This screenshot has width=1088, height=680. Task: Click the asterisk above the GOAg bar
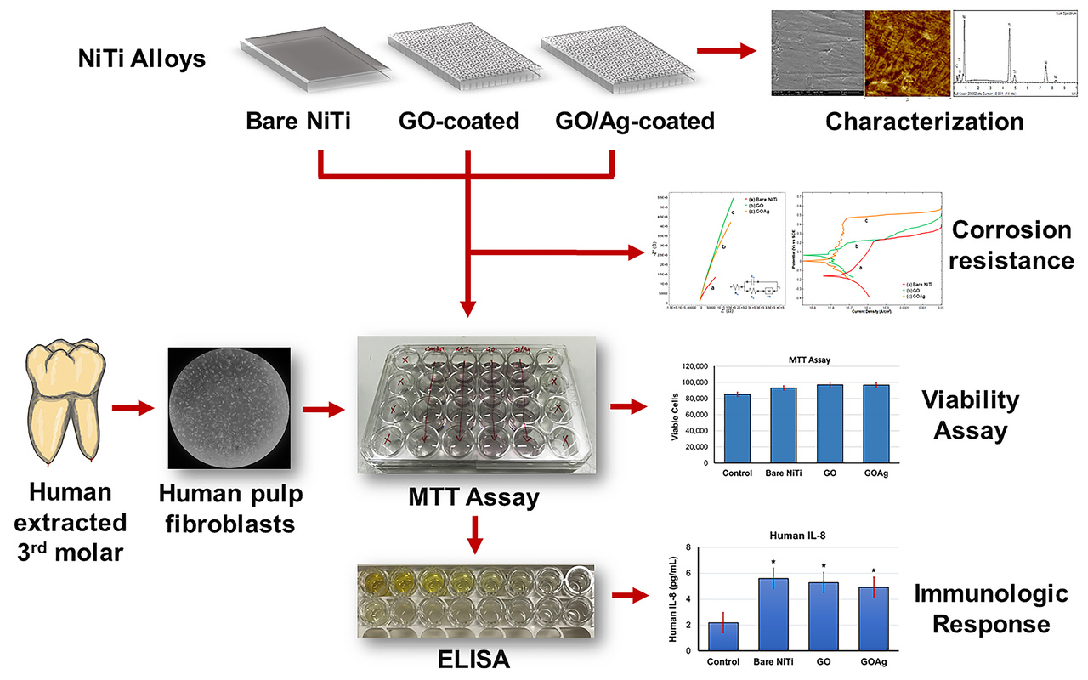873,572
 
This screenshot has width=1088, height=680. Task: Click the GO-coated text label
459,121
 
